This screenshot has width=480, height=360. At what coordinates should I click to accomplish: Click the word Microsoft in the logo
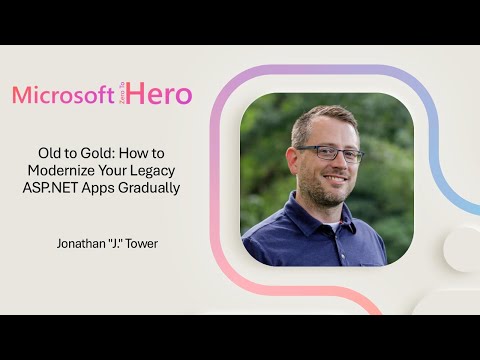point(62,95)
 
